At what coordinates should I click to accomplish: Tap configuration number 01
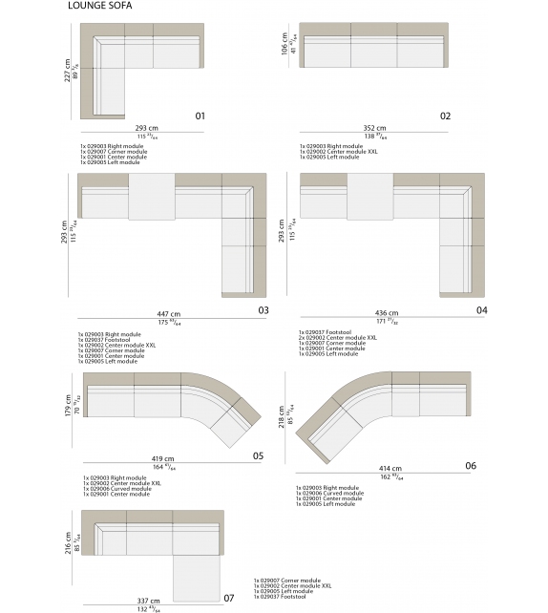click(x=200, y=116)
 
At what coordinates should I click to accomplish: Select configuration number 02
click(x=445, y=116)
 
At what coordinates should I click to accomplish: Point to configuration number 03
click(x=263, y=309)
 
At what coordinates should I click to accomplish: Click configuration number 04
click(x=482, y=309)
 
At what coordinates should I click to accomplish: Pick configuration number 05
click(x=258, y=455)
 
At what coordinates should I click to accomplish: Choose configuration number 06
click(x=471, y=465)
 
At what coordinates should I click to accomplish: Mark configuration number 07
click(x=228, y=598)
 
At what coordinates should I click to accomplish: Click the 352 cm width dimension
click(x=375, y=128)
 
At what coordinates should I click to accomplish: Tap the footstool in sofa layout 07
click(x=198, y=572)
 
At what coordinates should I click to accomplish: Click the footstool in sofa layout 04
click(x=369, y=196)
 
